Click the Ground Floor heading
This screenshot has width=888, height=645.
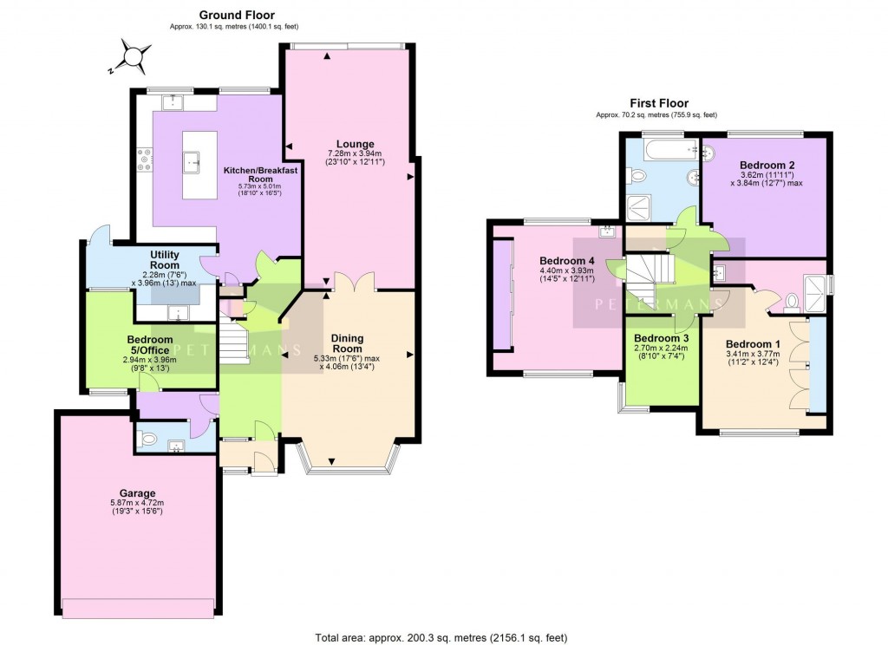[x=237, y=15]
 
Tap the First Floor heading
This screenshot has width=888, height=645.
[x=656, y=103]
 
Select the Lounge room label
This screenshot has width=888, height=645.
[x=356, y=144]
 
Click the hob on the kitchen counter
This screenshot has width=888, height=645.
[x=144, y=162]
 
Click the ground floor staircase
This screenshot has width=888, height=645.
[x=232, y=340]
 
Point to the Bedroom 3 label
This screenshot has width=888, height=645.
[x=661, y=338]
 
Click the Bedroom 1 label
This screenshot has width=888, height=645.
[x=753, y=344]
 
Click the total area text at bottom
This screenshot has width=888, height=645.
[x=443, y=637]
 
